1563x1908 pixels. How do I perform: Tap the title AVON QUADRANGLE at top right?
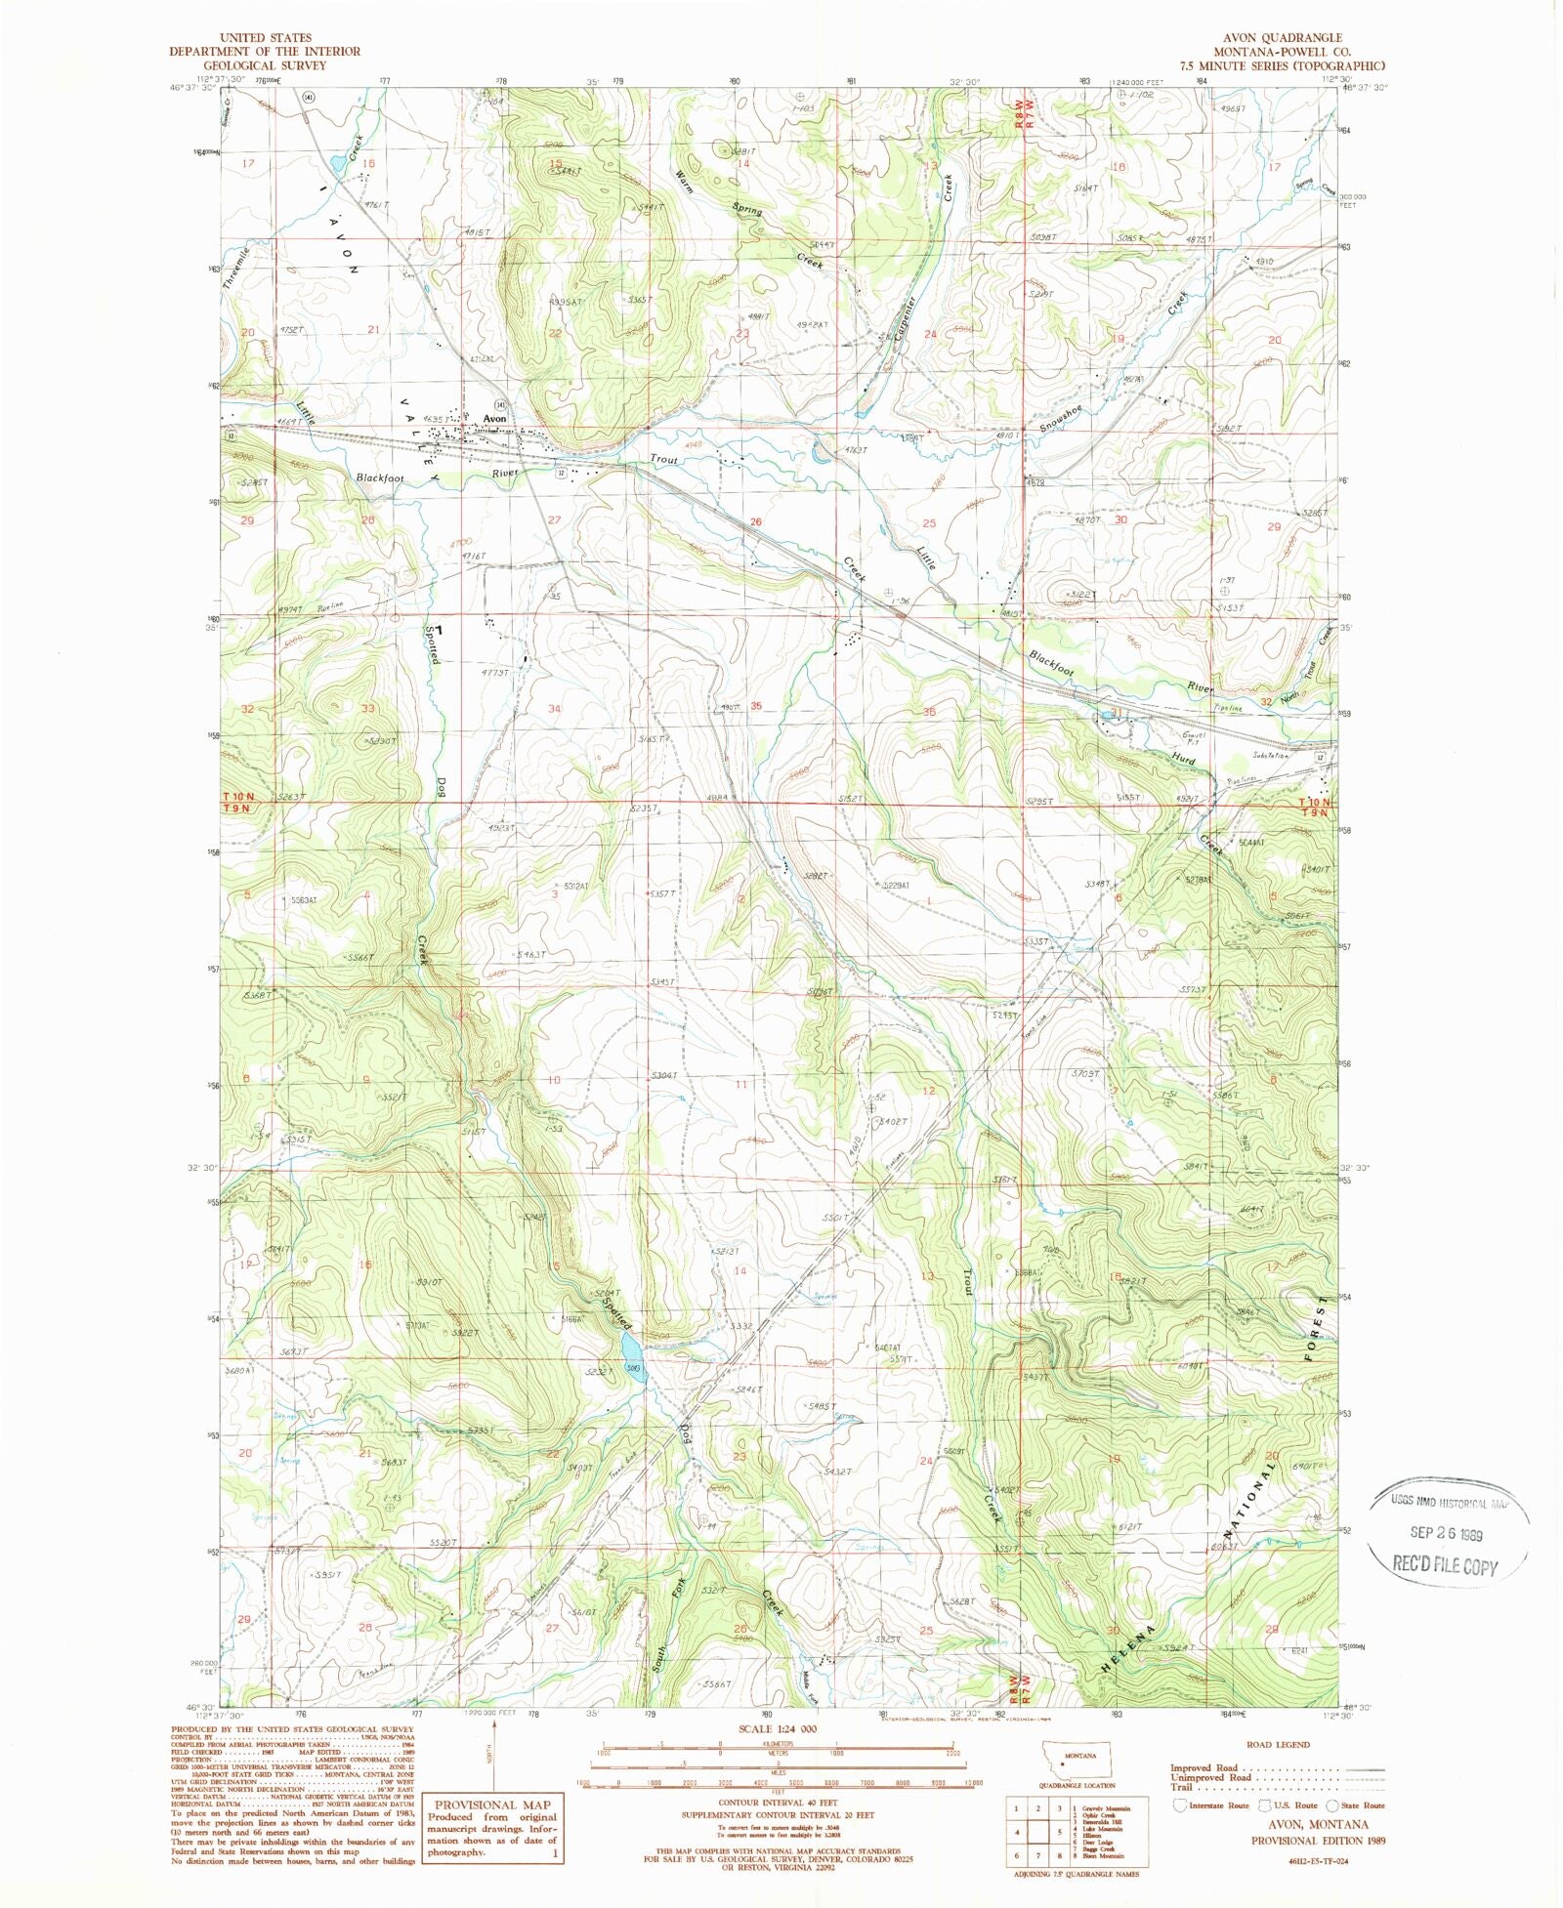tap(1298, 39)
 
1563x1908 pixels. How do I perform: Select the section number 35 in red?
tap(755, 706)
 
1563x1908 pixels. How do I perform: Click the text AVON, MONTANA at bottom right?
tap(1317, 1824)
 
